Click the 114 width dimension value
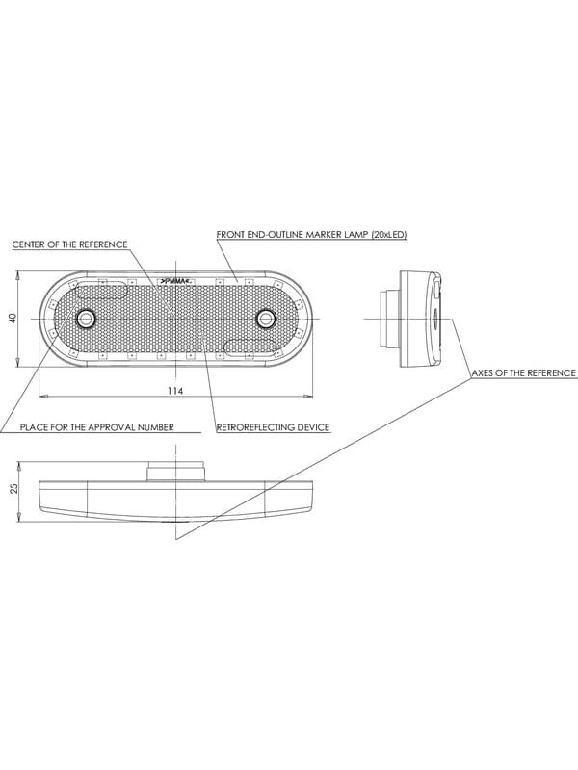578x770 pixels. pos(175,391)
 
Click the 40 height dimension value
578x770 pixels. pos(13,319)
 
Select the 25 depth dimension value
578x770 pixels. pos(13,488)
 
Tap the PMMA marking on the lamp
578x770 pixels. pos(175,281)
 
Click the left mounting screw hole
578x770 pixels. pos(87,319)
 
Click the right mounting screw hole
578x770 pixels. pos(266,319)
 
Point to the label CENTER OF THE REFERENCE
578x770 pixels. pos(69,244)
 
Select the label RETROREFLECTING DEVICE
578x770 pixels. pos(274,427)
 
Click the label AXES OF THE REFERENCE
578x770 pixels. pos(523,373)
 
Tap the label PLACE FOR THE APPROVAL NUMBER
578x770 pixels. pos(97,427)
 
